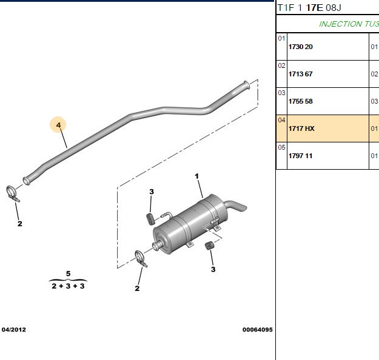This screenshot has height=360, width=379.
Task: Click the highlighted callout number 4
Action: coord(58,125)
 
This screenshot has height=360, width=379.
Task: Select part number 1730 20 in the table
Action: coord(300,47)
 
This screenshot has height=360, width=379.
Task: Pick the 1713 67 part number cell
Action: coord(300,74)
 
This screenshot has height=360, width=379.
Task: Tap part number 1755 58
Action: coord(300,101)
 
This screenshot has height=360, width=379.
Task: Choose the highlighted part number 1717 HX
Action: coord(301,128)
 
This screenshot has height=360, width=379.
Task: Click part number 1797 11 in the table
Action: coord(300,156)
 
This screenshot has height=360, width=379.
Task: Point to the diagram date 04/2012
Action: coord(14,330)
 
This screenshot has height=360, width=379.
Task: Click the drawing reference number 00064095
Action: coord(258,330)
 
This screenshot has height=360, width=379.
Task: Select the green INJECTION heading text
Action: coord(340,24)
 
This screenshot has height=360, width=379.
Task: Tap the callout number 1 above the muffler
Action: coord(196,176)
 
